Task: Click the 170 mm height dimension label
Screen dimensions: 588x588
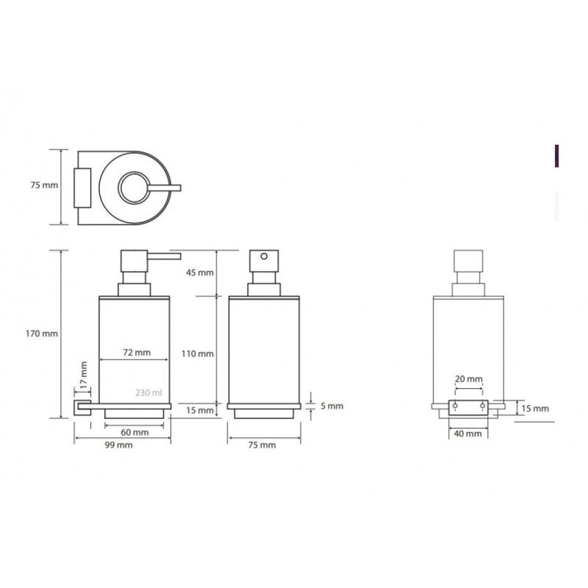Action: tap(42, 334)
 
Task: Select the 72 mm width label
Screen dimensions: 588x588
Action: tap(137, 353)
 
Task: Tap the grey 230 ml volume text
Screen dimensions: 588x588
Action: tap(149, 392)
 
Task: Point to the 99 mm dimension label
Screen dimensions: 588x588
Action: tap(118, 445)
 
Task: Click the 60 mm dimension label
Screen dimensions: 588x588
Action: tap(135, 432)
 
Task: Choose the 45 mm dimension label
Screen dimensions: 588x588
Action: tap(200, 273)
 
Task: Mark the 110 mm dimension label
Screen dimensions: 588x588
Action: tap(198, 354)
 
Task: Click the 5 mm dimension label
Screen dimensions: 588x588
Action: tap(332, 406)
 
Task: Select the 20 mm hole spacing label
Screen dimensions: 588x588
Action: tap(469, 379)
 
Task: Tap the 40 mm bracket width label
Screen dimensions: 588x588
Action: tap(467, 434)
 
